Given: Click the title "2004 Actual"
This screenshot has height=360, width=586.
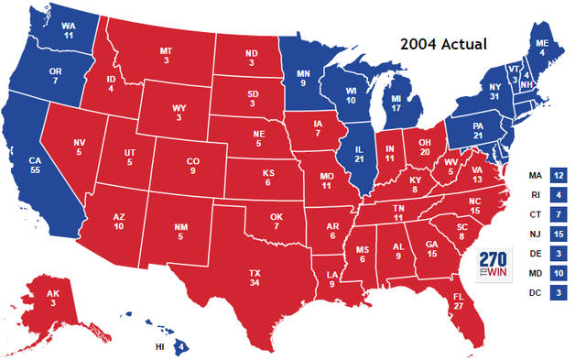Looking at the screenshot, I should (443, 43).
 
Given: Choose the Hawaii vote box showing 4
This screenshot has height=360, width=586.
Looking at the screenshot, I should (182, 346).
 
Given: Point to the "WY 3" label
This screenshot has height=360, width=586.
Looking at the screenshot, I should (179, 113).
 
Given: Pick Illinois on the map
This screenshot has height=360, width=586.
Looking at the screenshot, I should (359, 155).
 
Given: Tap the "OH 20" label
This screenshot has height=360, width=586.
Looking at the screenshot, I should (424, 147).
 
